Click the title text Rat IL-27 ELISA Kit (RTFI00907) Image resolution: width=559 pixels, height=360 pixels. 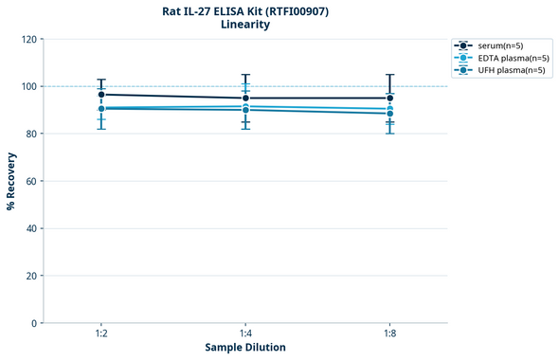click(245, 10)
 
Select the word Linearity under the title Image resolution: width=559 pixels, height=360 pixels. click(245, 25)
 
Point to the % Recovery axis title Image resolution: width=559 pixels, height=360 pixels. click(11, 181)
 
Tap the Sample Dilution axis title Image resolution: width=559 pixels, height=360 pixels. click(245, 348)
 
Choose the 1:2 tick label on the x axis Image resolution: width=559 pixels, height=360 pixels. click(101, 333)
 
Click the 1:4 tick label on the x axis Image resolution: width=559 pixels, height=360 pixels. click(245, 333)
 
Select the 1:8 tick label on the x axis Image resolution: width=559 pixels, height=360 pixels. click(389, 333)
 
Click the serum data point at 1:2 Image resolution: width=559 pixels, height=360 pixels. click(101, 95)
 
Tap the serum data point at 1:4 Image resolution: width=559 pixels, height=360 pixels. click(245, 99)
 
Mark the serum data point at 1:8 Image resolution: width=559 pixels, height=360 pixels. click(389, 99)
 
